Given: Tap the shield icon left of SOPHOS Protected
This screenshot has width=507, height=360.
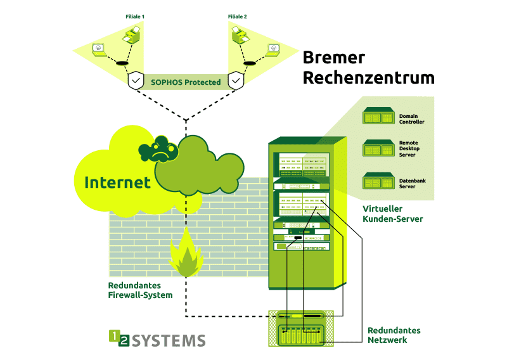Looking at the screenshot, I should [136, 81].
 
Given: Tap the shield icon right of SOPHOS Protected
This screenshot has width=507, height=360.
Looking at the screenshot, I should [236, 81].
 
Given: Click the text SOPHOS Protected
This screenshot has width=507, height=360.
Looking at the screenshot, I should [186, 82].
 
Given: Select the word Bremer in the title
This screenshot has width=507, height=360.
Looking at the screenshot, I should [333, 58].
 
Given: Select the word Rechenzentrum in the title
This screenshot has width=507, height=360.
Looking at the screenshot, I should [368, 78].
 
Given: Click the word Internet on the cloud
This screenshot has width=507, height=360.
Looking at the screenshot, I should [117, 183].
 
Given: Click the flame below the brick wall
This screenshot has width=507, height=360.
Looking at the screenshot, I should [185, 256].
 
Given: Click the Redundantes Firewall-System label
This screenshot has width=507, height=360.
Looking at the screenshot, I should [140, 290].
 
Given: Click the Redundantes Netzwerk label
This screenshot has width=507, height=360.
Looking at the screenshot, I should [394, 335].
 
